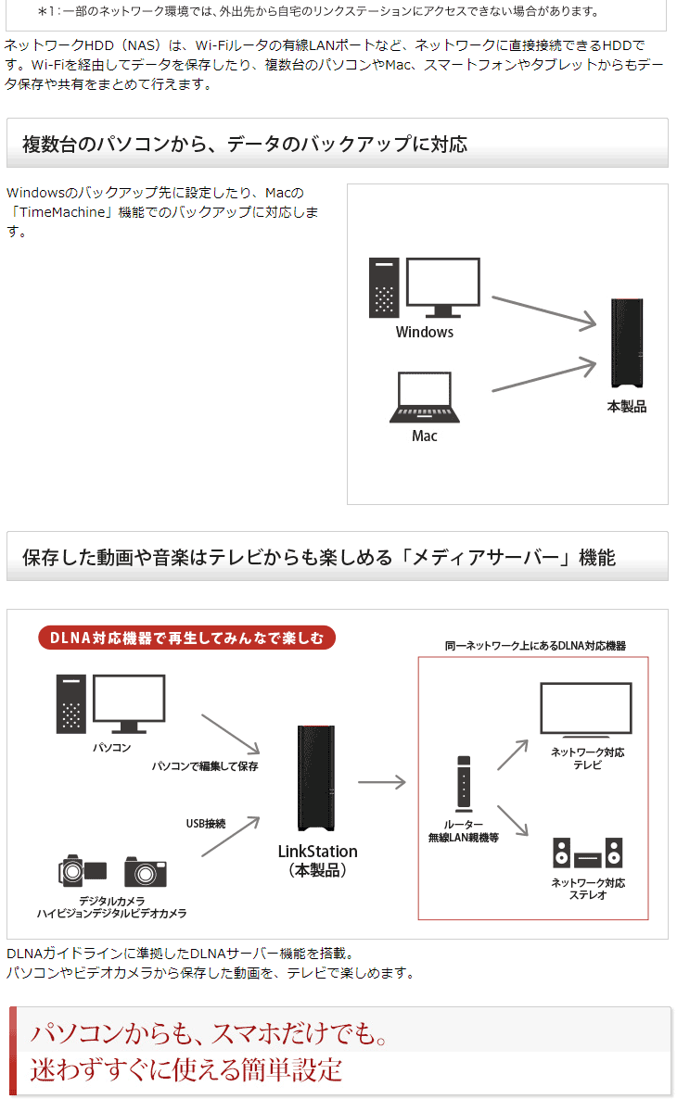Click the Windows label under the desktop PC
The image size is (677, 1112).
coord(424,332)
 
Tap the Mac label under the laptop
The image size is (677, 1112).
coord(424,436)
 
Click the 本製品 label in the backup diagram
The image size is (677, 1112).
coord(626,406)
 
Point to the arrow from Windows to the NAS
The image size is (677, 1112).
coord(543,311)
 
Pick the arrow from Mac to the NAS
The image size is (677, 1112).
coord(543,374)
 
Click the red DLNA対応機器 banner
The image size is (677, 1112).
coord(186,638)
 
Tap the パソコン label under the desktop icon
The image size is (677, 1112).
coord(111,747)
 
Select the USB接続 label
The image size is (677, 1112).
coord(205,823)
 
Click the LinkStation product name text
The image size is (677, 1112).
coord(317,851)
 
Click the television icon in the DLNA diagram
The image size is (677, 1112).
coord(586,709)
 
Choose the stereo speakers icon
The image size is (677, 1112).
coord(587,853)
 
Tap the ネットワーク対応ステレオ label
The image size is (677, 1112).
coord(588,889)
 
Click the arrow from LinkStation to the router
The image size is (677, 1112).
coord(381,783)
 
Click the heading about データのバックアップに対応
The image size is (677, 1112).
coord(245,144)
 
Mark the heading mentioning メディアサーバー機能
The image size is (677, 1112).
coord(318,557)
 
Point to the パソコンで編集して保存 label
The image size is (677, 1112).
coord(205,766)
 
